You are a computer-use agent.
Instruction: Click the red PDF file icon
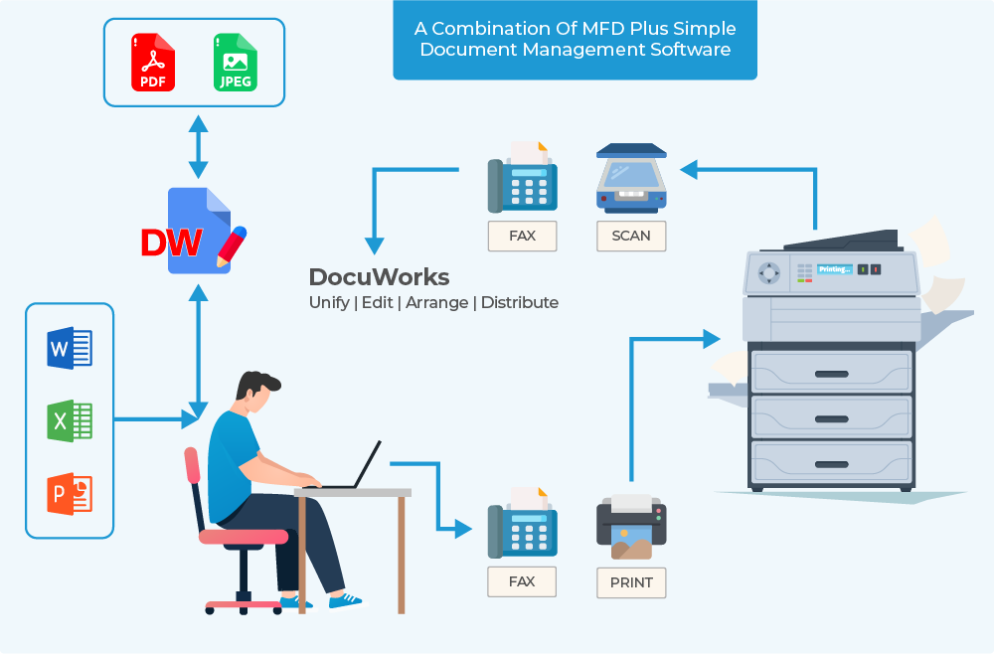point(153,63)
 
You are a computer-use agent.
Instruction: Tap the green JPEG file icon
point(236,63)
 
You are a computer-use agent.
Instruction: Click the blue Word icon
point(70,349)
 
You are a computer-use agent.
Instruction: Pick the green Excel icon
point(70,420)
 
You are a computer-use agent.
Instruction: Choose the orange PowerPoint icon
point(70,493)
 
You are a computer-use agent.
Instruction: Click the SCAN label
point(631,236)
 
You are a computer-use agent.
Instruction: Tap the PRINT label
point(631,581)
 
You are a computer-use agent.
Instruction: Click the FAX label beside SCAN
point(522,236)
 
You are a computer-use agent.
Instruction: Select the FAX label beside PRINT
point(522,581)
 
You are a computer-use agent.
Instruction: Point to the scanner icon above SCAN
point(631,179)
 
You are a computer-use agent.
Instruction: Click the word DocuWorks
point(379,277)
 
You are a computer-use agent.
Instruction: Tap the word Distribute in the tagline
point(519,302)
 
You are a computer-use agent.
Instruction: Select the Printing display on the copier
point(834,269)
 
